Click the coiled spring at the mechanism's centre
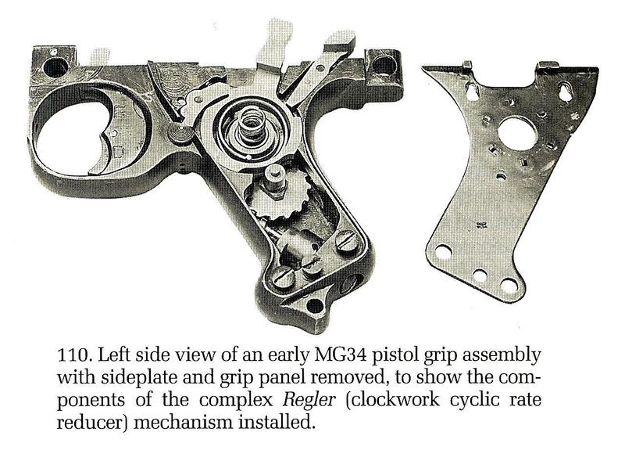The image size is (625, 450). (x=251, y=126)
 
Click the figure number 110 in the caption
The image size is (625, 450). (x=73, y=355)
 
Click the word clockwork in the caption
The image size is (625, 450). (x=394, y=400)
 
